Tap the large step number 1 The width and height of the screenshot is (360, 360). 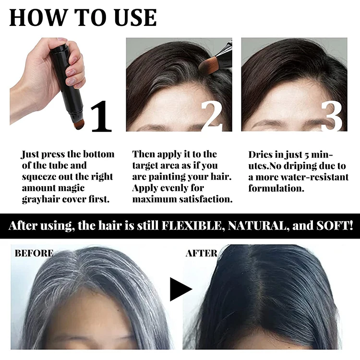101,116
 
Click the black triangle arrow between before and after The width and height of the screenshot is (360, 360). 180,288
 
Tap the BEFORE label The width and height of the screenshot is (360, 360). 34,253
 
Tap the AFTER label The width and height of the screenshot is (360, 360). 202,253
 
